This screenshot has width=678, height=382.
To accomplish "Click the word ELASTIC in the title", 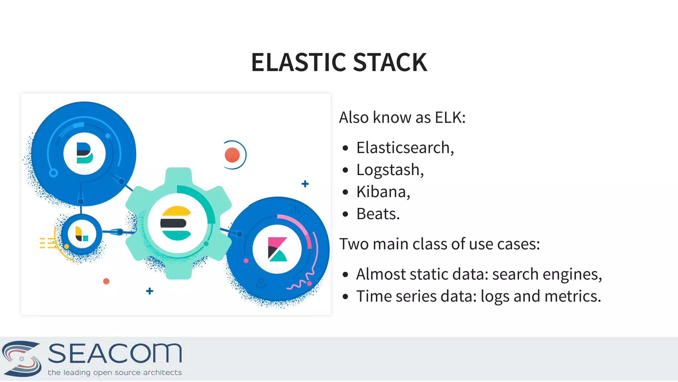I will pos(299,62).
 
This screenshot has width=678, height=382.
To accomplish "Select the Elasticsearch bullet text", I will pos(405,148).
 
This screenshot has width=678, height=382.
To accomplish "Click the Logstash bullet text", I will pos(390,170).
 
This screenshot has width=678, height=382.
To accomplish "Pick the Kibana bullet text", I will pos(383,192).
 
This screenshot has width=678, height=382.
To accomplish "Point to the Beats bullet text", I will pos(378,214).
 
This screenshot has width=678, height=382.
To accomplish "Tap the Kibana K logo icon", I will pos(277,249).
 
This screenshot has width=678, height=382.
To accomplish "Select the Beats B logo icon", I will pos(84,153).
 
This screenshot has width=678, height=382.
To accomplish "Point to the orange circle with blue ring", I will pos(232,155).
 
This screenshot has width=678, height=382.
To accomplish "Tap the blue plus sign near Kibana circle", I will pos(305,184).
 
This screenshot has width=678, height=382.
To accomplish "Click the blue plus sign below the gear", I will pos(150,291).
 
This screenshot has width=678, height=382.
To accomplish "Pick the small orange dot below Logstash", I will pos(106,281).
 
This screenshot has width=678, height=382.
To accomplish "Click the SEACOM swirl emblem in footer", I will pos(22,358).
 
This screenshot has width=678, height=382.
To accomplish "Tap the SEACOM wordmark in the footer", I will pos(115,353).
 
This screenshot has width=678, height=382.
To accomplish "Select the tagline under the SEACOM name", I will pos(115,372).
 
